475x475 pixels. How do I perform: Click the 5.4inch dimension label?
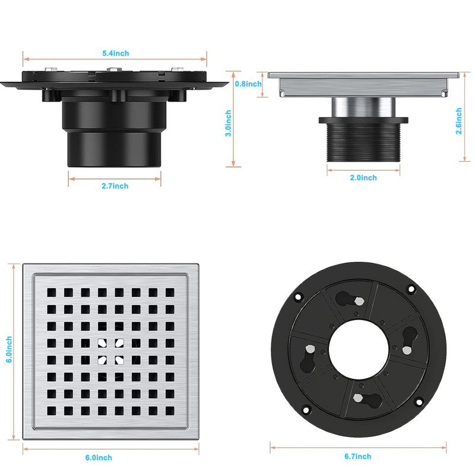click(115, 53)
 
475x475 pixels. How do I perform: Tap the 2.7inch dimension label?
click(115, 186)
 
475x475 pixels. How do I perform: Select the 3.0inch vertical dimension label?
click(228, 123)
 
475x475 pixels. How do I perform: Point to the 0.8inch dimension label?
click(248, 84)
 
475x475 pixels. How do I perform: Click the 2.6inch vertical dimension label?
click(458, 121)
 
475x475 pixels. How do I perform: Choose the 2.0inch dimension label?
click(363, 178)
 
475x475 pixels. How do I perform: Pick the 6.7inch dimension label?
click(358, 457)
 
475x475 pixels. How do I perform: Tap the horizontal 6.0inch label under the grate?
click(99, 458)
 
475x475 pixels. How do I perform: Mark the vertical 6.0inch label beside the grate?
click(9, 349)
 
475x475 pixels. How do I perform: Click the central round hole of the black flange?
click(359, 349)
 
